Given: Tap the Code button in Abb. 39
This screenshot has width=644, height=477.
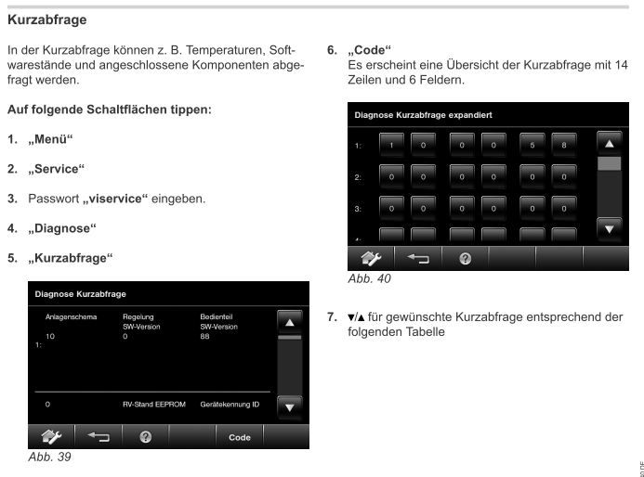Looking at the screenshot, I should [239, 437].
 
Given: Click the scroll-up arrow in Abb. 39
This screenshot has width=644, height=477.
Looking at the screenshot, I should [290, 322].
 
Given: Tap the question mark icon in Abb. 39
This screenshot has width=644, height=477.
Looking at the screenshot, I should [145, 437].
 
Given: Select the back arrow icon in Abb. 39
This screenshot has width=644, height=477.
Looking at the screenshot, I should [98, 437].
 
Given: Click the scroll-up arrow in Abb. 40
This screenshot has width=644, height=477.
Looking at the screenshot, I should [609, 144].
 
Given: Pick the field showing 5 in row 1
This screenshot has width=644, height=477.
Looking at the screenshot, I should [533, 146].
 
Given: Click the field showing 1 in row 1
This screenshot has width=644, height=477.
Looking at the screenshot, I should [391, 146].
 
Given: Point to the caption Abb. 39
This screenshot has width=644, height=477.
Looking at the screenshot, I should [49, 457].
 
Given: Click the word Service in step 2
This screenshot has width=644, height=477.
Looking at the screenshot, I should [58, 169].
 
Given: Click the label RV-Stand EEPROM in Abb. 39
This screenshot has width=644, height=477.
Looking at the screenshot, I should [155, 406].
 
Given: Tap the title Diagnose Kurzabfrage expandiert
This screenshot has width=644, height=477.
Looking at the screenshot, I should [423, 114].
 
